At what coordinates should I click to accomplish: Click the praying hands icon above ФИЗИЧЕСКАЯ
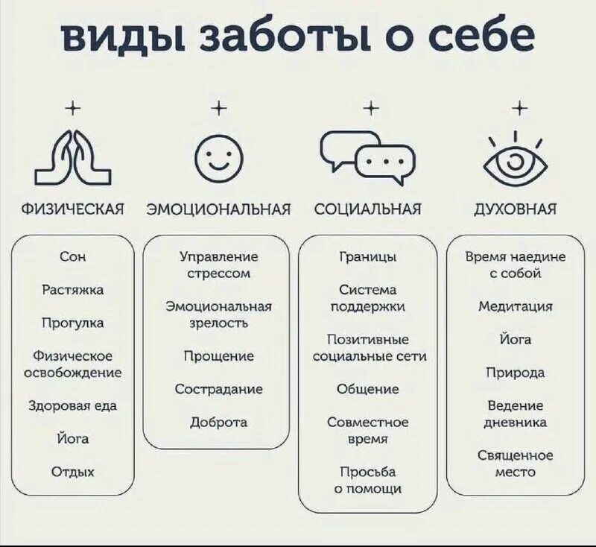pyautogui.click(x=73, y=158)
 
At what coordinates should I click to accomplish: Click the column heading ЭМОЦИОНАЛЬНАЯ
pyautogui.click(x=217, y=209)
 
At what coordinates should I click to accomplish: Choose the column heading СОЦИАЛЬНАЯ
pyautogui.click(x=367, y=209)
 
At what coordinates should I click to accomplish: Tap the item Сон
pyautogui.click(x=73, y=256)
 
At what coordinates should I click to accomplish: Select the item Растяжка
pyautogui.click(x=73, y=290)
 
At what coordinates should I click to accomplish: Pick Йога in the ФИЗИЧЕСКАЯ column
pyautogui.click(x=73, y=439)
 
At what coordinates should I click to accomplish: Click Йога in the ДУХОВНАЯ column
pyautogui.click(x=516, y=339)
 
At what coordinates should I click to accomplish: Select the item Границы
pyautogui.click(x=367, y=256)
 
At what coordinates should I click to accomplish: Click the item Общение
pyautogui.click(x=367, y=389)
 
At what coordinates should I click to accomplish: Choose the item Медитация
pyautogui.click(x=516, y=306)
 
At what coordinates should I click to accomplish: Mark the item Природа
pyautogui.click(x=516, y=373)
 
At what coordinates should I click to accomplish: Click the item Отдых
pyautogui.click(x=73, y=472)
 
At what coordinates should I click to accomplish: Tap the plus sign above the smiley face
pyautogui.click(x=218, y=109)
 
